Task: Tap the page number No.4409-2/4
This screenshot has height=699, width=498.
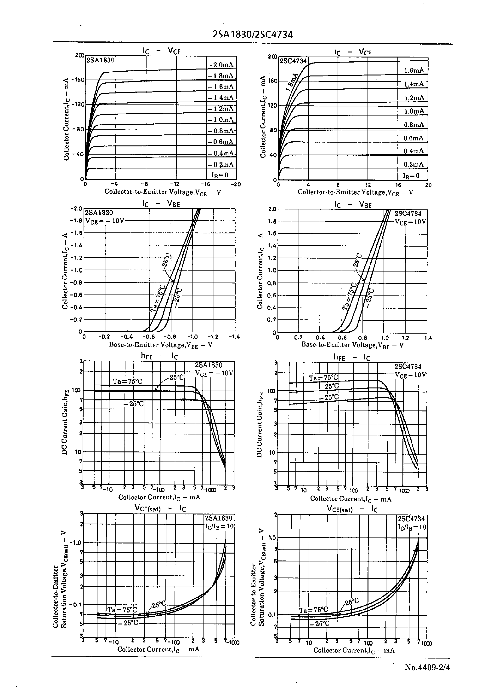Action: click(427, 667)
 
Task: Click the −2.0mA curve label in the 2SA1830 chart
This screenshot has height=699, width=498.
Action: click(221, 65)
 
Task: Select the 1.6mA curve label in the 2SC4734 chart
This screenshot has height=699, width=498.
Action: click(414, 71)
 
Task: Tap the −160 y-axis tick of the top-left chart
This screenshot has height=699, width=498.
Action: click(78, 80)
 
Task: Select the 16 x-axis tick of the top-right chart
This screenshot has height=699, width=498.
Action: click(398, 185)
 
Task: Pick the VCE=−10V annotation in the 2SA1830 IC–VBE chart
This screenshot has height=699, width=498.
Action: click(105, 221)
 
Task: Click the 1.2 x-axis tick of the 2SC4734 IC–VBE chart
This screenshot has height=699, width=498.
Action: click(405, 338)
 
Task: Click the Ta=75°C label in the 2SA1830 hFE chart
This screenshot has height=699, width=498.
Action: click(128, 381)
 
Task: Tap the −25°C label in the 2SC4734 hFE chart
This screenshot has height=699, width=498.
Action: click(329, 397)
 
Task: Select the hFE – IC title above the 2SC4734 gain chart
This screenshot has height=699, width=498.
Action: click(352, 358)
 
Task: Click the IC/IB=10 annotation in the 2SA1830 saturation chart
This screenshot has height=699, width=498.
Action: click(220, 526)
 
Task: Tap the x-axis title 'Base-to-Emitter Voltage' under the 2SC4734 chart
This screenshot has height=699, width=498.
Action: click(352, 345)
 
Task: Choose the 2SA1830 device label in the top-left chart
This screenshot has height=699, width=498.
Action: click(100, 60)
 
